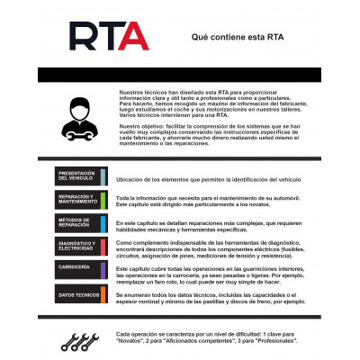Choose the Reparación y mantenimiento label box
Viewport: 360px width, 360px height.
point(77,198)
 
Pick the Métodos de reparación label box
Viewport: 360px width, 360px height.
point(77,222)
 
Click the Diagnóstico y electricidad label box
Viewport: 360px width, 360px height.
point(77,246)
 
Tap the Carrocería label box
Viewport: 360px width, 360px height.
point(77,269)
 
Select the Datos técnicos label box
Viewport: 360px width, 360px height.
point(77,293)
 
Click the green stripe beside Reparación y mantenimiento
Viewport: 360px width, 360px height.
point(104,198)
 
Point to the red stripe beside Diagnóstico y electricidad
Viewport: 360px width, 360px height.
point(104,246)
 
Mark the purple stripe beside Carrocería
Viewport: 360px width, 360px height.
point(104,269)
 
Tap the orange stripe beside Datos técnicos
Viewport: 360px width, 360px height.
point(104,293)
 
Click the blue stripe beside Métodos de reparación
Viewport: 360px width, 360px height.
point(104,222)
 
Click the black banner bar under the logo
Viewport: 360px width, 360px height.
point(180,75)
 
